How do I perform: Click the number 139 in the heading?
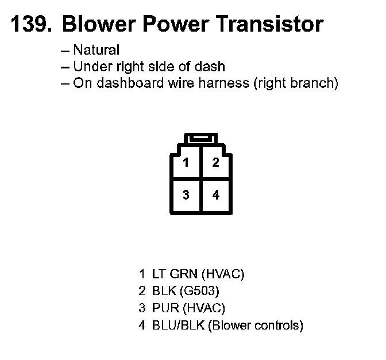click(30, 24)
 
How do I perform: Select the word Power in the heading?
click(176, 24)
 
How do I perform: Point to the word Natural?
click(96, 50)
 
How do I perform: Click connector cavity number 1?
click(186, 163)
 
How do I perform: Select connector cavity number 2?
click(215, 163)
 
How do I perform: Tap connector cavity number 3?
click(186, 195)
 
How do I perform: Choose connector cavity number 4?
click(215, 195)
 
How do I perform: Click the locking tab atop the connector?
click(200, 139)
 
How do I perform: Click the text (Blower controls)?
click(256, 325)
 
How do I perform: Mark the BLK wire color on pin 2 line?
click(164, 291)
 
